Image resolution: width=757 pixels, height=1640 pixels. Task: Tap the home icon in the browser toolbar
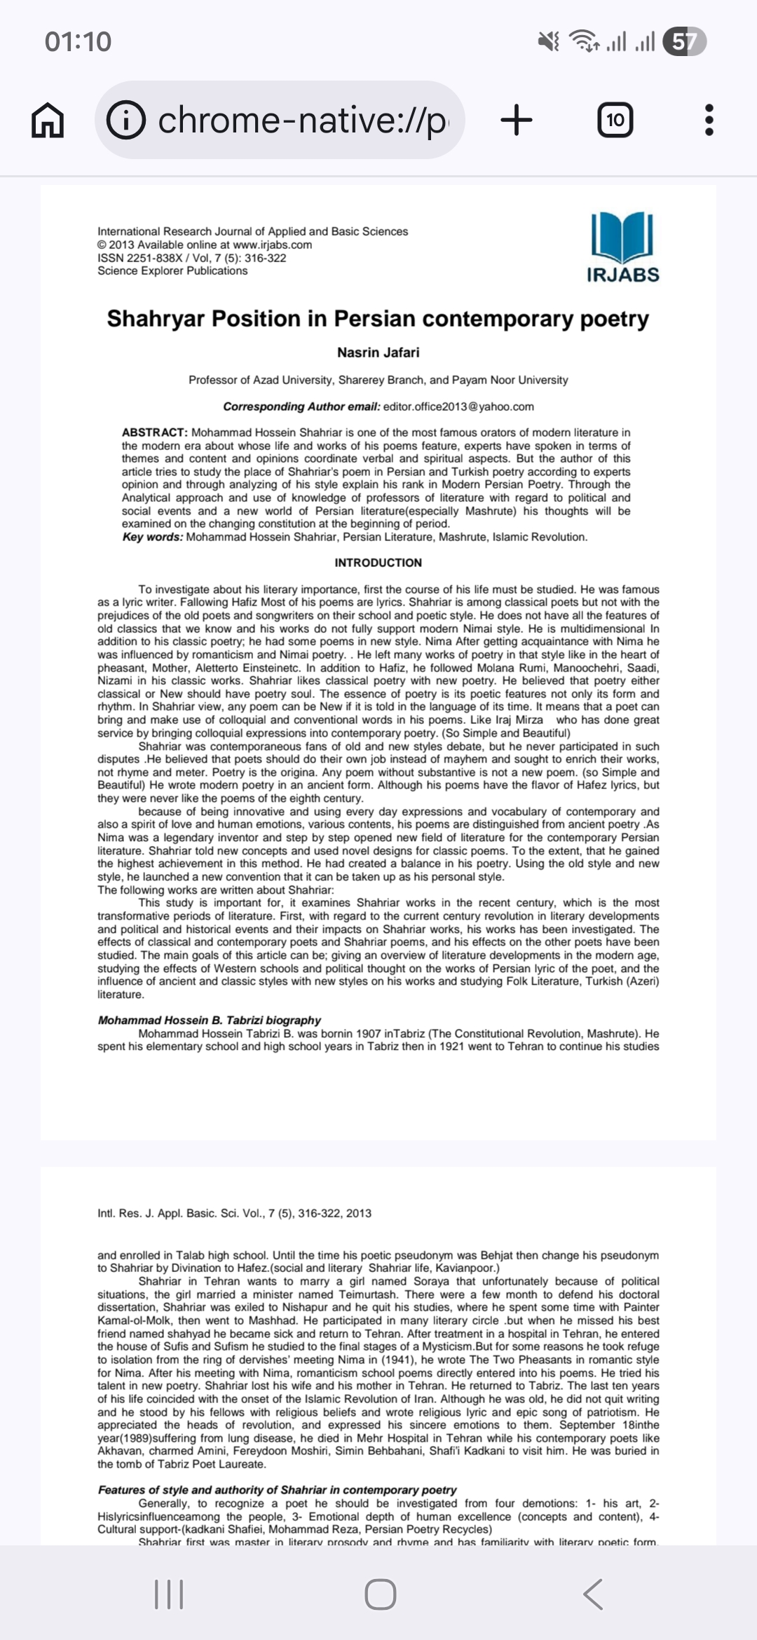click(48, 121)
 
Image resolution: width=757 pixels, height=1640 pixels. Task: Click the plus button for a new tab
click(517, 121)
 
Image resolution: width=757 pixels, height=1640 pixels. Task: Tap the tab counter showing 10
click(615, 121)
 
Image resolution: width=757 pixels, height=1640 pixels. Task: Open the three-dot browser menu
click(709, 121)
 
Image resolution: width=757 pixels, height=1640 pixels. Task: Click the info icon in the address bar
click(126, 121)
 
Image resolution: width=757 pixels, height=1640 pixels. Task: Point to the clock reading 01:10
click(78, 42)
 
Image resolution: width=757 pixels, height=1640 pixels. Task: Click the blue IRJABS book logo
click(622, 238)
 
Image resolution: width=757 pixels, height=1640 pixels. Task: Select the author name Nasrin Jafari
click(378, 353)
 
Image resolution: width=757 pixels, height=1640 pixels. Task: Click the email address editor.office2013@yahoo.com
click(458, 406)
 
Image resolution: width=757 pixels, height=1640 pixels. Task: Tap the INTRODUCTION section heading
click(378, 563)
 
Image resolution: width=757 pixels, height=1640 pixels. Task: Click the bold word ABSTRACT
click(154, 432)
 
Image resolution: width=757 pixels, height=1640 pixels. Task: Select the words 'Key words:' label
click(152, 537)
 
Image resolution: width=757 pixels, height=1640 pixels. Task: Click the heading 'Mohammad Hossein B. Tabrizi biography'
click(209, 1020)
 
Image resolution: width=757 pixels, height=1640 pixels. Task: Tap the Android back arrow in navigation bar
click(593, 1594)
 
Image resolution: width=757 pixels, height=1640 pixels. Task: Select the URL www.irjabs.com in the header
click(272, 245)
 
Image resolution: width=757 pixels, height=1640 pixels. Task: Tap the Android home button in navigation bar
click(380, 1594)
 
